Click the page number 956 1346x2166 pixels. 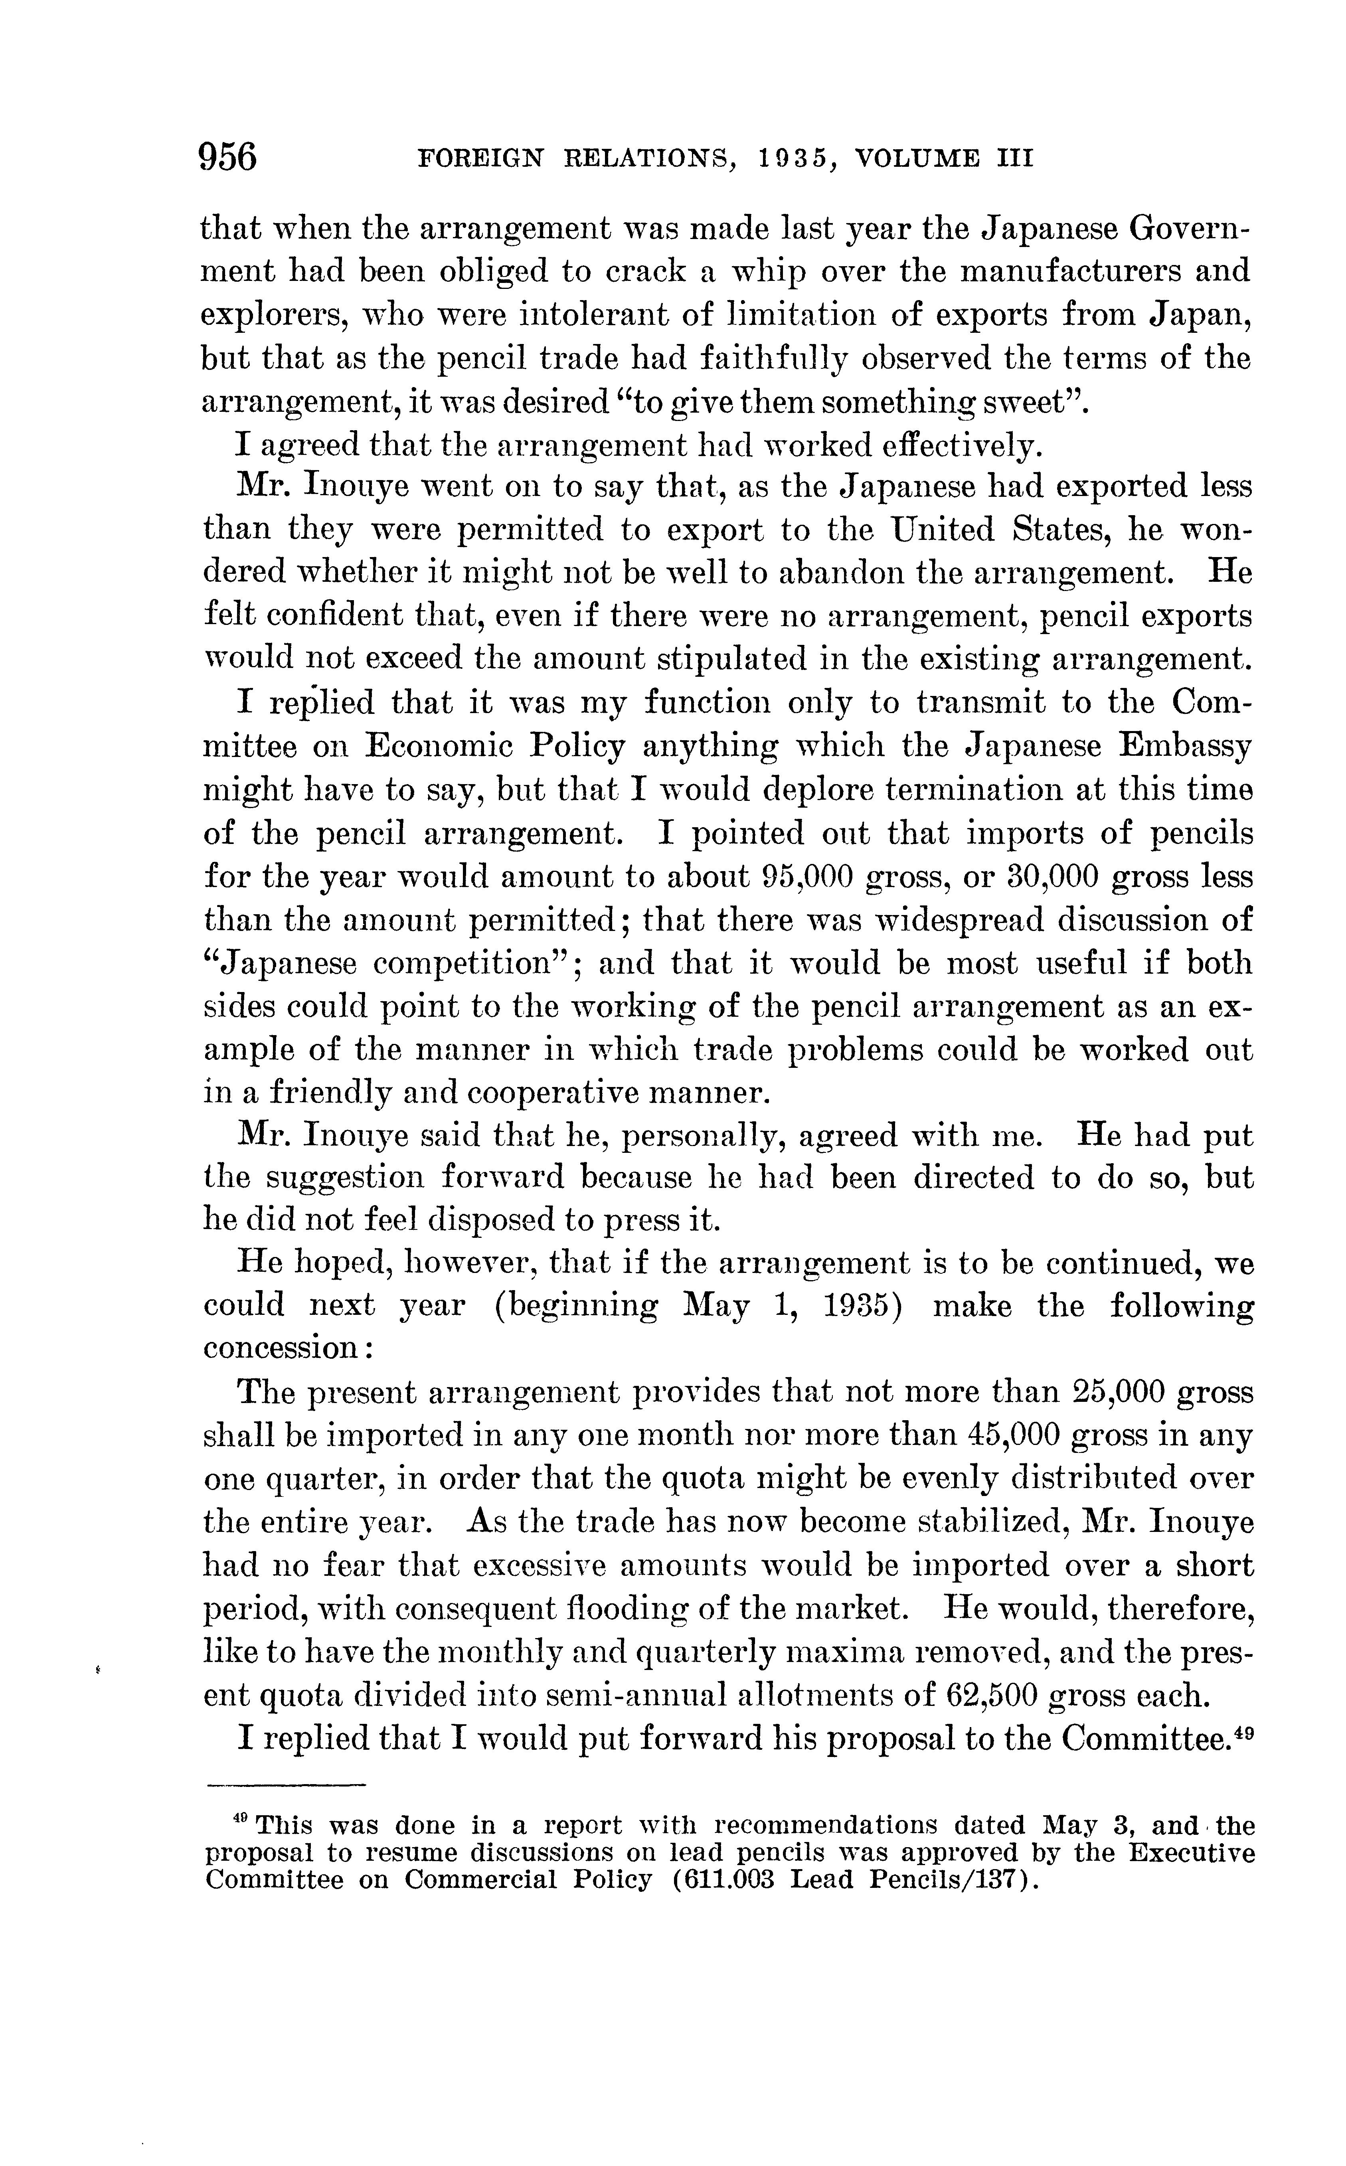pos(229,158)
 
